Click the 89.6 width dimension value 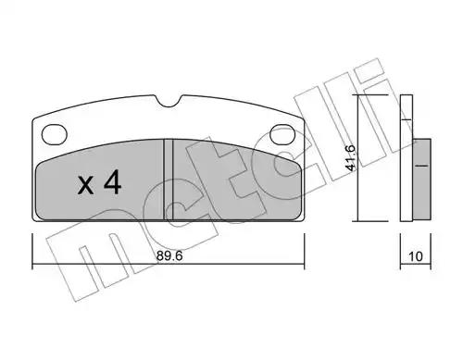pos(169,255)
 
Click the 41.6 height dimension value pos(351,157)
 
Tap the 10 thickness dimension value pos(416,256)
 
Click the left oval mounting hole pos(55,134)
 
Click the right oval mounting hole pos(282,134)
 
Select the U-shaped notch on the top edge pos(169,101)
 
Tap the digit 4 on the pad pos(112,182)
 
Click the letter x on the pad pos(85,185)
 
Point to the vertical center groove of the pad pos(169,180)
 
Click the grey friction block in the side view pos(421,180)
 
